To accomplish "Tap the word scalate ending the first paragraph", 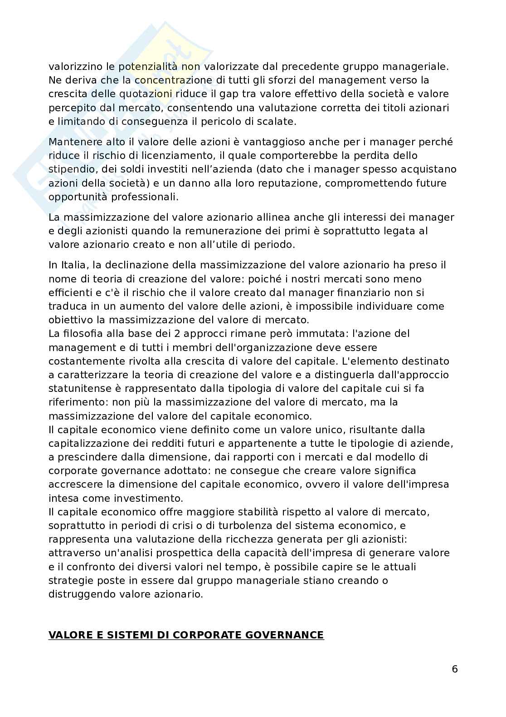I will click(279, 122).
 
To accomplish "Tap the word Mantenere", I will click(72, 142).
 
